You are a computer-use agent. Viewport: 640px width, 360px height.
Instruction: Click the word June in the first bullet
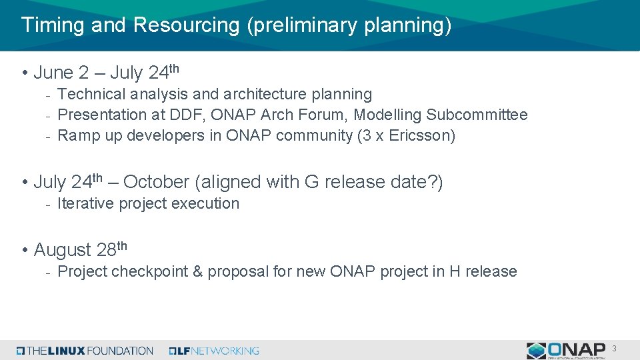(53, 72)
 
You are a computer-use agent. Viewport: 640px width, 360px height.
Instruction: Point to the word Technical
(91, 95)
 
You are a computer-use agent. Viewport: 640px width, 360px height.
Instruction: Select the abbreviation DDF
(187, 115)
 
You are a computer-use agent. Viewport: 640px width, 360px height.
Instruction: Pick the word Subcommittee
(477, 115)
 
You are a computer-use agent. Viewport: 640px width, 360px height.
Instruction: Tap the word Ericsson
(423, 136)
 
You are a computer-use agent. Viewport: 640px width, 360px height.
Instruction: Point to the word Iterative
(86, 204)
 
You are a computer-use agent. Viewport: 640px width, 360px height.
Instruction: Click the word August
(62, 250)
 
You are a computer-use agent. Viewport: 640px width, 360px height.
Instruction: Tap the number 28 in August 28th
(106, 250)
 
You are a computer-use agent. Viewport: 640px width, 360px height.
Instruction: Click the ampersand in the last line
(198, 272)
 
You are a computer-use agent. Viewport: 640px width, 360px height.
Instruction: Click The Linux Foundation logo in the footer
(85, 351)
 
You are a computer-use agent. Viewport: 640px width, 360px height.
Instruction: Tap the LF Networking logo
(214, 351)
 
